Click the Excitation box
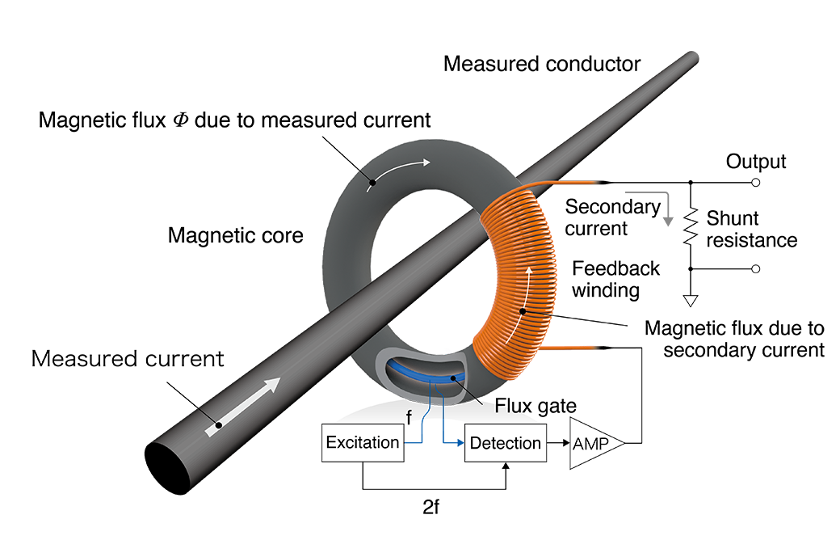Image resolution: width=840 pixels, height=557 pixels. pyautogui.click(x=362, y=442)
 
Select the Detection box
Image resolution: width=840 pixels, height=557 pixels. pyautogui.click(x=505, y=443)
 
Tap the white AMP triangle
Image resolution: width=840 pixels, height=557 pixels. pyautogui.click(x=593, y=444)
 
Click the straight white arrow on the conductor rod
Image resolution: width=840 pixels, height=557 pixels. pyautogui.click(x=246, y=405)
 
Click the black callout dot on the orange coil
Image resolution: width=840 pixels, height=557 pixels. pyautogui.click(x=523, y=311)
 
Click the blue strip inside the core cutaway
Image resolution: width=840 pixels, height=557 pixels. pyautogui.click(x=412, y=373)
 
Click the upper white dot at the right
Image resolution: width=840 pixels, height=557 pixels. pyautogui.click(x=756, y=183)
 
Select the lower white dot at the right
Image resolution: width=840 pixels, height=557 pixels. pyautogui.click(x=756, y=268)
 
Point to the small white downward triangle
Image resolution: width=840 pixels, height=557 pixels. pyautogui.click(x=691, y=301)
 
